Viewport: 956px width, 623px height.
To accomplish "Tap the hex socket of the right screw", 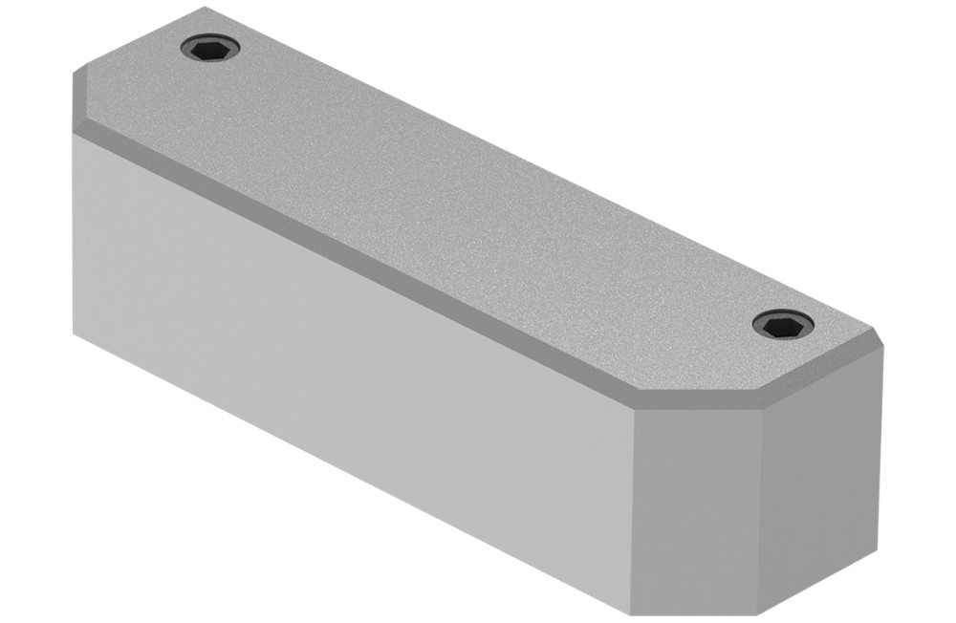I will tap(783, 325).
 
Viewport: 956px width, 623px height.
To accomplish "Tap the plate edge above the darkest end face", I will tap(822, 377).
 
